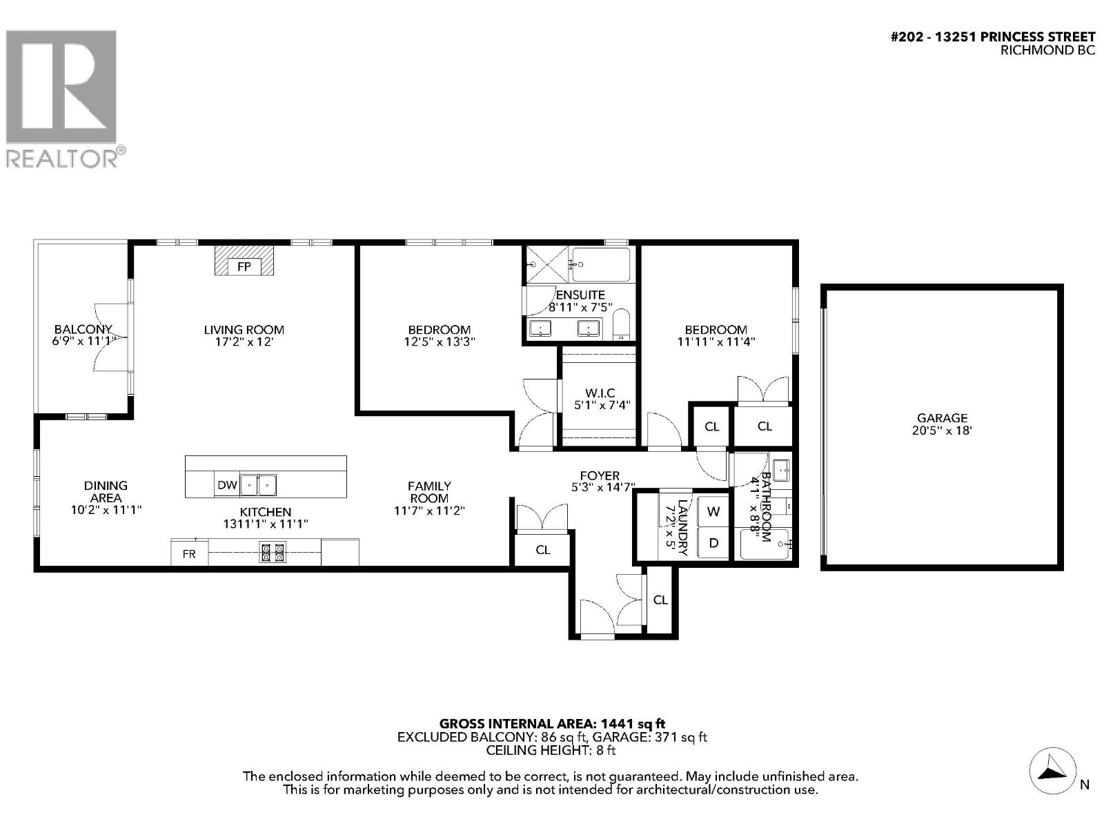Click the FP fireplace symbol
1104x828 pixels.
244,266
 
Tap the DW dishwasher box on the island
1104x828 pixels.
227,485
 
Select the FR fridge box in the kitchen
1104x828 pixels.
189,553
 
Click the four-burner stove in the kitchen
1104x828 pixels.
273,553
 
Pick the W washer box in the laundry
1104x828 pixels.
713,512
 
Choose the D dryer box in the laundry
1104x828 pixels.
713,543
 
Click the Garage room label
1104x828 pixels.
942,417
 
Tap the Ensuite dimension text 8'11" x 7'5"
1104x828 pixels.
580,308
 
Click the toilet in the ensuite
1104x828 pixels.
621,325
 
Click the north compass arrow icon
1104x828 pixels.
1052,771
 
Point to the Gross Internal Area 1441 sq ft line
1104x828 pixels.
552,724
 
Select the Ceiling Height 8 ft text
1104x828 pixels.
551,750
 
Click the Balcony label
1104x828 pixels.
83,330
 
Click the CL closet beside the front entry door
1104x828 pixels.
660,600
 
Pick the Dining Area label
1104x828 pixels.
106,491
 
